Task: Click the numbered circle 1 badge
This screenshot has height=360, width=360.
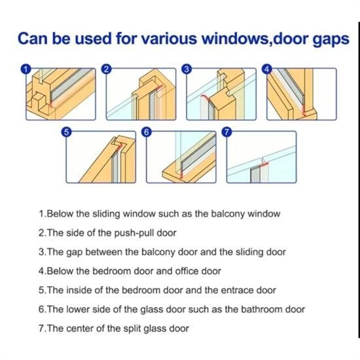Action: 26,69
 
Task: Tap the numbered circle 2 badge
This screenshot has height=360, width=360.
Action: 106,69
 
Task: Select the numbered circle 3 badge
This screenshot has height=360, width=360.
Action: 187,69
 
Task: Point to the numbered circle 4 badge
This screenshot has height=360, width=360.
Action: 267,69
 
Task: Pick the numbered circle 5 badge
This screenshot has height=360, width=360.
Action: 66,132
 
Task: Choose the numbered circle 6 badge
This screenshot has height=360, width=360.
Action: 147,132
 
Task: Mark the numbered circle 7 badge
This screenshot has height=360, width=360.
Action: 226,132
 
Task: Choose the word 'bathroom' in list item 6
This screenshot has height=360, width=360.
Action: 261,309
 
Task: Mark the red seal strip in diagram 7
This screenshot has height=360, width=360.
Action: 264,164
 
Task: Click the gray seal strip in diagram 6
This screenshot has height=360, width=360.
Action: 198,153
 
